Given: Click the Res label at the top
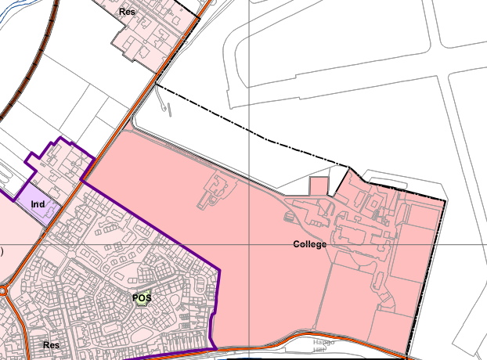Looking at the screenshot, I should pyautogui.click(x=126, y=13).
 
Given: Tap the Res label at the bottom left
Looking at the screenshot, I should pyautogui.click(x=52, y=344).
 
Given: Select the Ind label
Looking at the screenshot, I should pyautogui.click(x=37, y=205).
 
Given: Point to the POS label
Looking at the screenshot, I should pyautogui.click(x=142, y=297).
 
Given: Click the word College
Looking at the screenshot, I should pyautogui.click(x=310, y=244).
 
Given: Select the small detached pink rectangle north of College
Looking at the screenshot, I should pyautogui.click(x=318, y=186).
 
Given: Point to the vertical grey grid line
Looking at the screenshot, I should pyautogui.click(x=249, y=78).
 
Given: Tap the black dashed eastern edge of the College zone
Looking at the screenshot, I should pyautogui.click(x=427, y=274).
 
